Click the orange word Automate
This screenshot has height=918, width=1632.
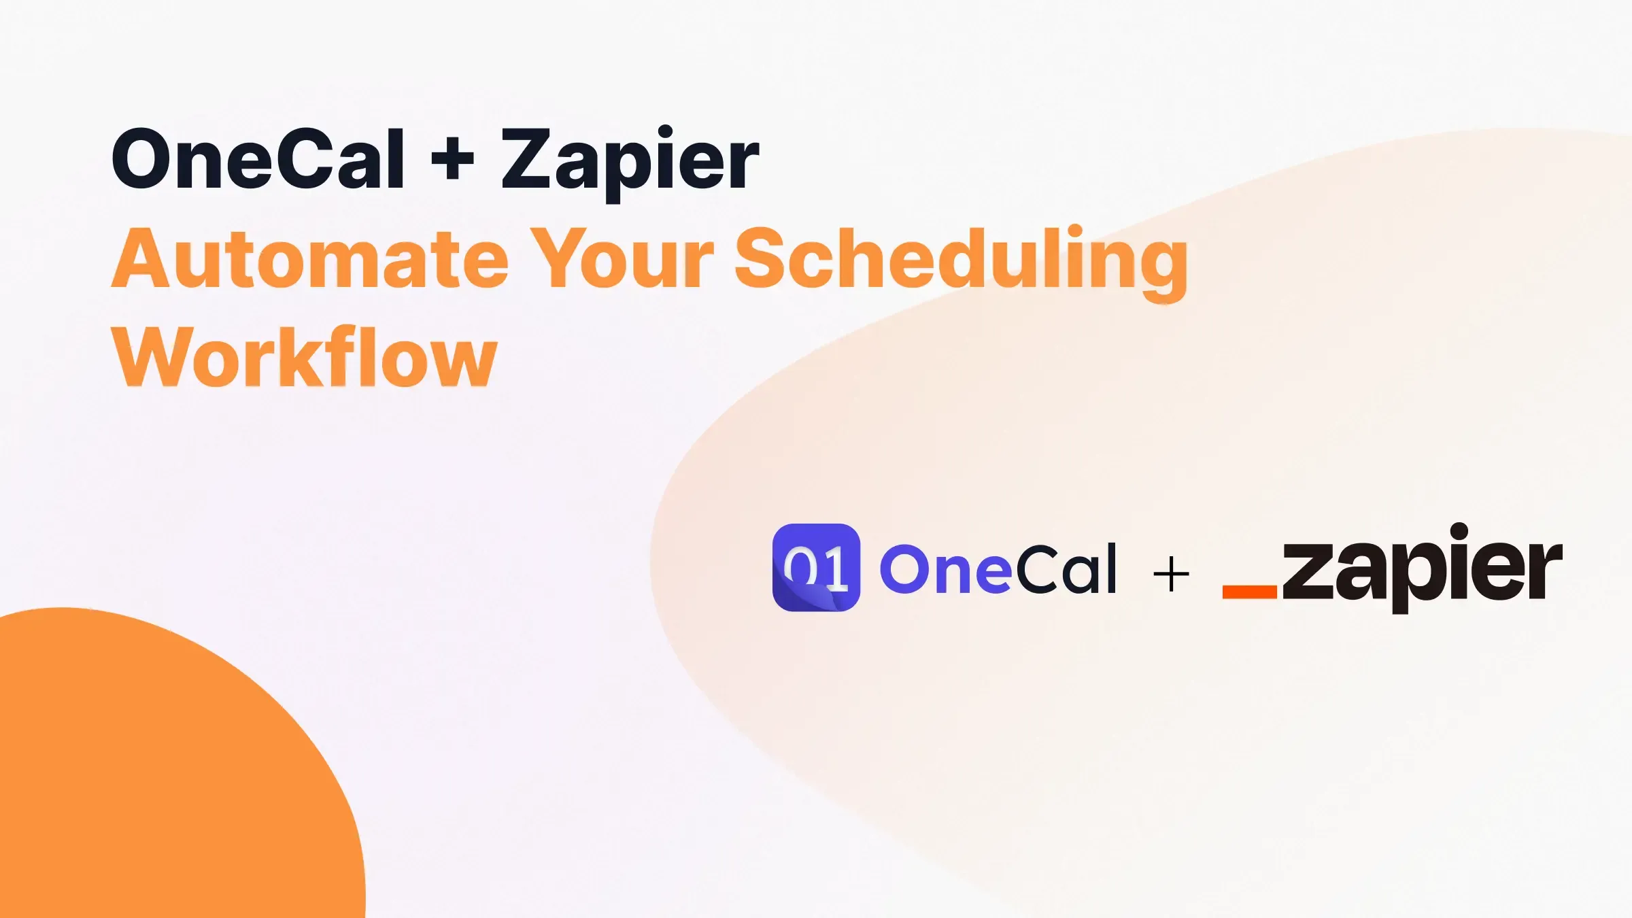(x=309, y=258)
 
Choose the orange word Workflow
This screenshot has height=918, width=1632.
(x=304, y=357)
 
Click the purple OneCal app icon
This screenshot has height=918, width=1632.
(x=816, y=567)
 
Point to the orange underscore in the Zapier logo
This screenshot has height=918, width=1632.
(x=1249, y=591)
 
